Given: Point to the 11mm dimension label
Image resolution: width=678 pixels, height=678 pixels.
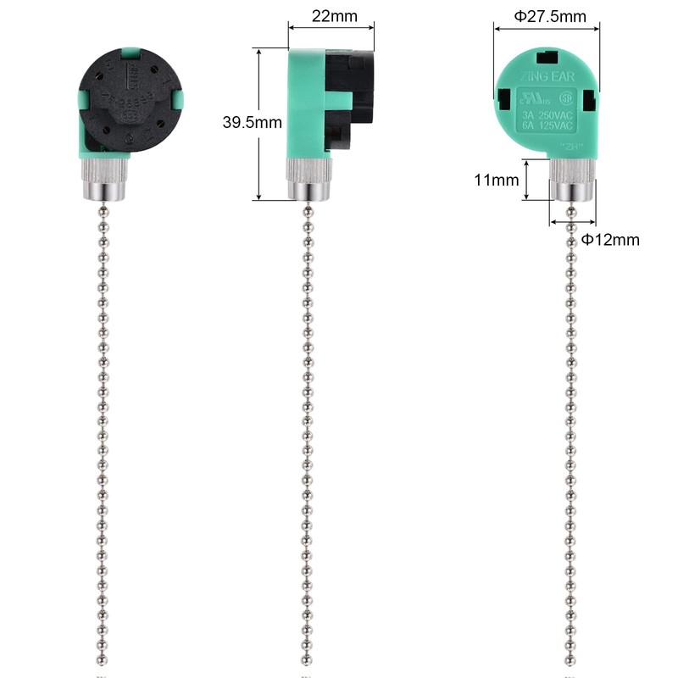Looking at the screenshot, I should (x=495, y=181).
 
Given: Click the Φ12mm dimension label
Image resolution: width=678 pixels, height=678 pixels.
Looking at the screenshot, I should (x=609, y=240).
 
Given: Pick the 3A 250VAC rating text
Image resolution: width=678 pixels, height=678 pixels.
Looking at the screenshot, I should (x=547, y=114).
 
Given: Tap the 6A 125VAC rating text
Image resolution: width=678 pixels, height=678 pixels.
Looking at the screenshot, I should (x=547, y=126).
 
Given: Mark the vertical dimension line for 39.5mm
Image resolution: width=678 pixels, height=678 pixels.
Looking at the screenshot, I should (x=259, y=124).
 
